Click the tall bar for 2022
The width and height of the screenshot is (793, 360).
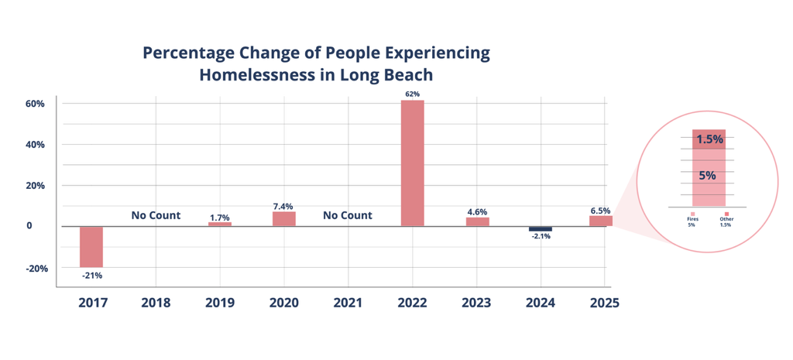click(x=412, y=163)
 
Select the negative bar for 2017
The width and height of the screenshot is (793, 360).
click(x=91, y=246)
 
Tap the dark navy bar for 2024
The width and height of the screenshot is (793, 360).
click(x=541, y=229)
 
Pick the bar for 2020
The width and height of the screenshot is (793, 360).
click(x=283, y=219)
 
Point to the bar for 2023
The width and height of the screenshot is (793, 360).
click(x=477, y=222)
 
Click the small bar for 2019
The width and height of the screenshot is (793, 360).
click(x=220, y=225)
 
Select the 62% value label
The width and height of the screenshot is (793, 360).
click(x=412, y=94)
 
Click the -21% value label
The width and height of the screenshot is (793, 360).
click(x=91, y=275)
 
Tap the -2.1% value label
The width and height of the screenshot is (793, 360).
click(x=541, y=237)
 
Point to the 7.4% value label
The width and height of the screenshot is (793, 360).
click(x=283, y=206)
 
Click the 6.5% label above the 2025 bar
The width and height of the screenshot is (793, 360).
click(x=599, y=210)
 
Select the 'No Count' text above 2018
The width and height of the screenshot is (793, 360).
click(x=156, y=215)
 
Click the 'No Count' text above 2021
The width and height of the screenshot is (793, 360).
click(x=348, y=215)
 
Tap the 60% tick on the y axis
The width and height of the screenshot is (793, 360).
click(x=36, y=104)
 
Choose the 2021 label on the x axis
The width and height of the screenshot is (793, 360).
click(x=348, y=303)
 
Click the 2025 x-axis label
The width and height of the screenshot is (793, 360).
click(x=603, y=303)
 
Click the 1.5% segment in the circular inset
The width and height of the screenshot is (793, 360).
click(x=709, y=140)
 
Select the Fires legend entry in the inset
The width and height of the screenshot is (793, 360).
click(x=692, y=218)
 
